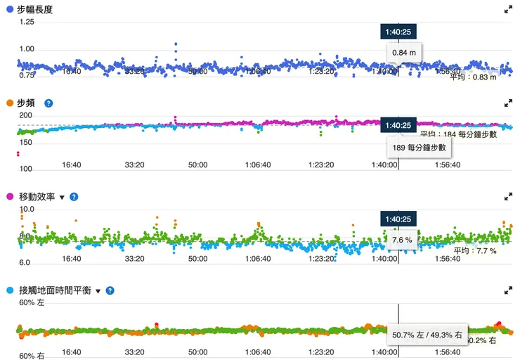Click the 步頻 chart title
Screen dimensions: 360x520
(x=26, y=103)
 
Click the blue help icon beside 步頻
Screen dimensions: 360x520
(x=48, y=103)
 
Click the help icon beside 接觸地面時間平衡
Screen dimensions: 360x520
(x=110, y=290)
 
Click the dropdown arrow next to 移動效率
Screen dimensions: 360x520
(x=62, y=198)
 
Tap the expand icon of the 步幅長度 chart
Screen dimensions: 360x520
(x=508, y=10)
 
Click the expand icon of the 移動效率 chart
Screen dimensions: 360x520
(x=508, y=198)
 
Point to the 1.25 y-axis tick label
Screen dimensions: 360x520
(x=26, y=22)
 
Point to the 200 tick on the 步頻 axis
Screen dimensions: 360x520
(x=26, y=115)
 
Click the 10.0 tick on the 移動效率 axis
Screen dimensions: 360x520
(x=26, y=210)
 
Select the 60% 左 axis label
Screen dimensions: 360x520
(x=32, y=303)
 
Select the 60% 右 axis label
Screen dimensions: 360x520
(x=32, y=356)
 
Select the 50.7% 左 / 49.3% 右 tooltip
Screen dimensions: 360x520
(x=427, y=335)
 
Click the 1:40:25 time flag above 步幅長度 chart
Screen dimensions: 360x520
(x=398, y=32)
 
